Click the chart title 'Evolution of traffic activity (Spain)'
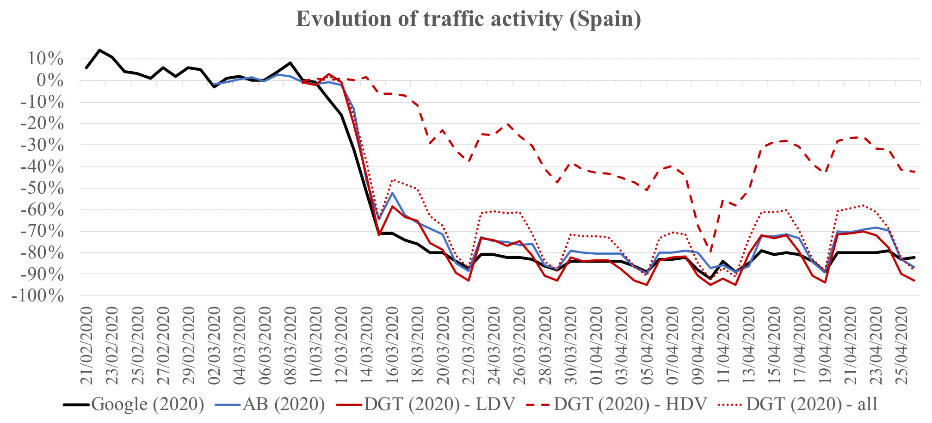(468, 19)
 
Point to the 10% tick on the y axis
(45, 59)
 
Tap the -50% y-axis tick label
(42, 188)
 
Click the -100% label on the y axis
(38, 296)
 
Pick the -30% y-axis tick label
(42, 145)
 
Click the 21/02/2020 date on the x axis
(87, 345)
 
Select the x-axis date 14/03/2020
(367, 345)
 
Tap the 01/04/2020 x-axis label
(596, 345)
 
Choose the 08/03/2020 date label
(290, 345)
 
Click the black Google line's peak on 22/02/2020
(99, 50)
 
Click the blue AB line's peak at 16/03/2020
(393, 192)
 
